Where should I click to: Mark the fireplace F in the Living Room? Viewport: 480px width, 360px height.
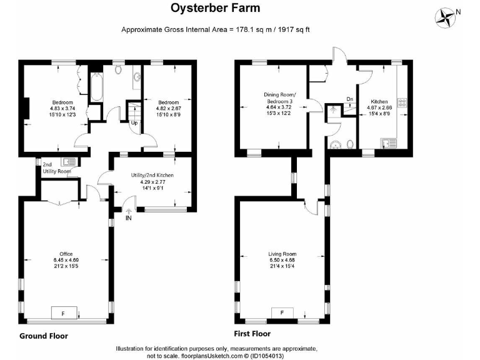tap(282, 312)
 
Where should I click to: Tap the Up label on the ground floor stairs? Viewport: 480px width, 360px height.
tap(134, 122)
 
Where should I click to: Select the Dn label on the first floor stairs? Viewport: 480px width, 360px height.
tap(349, 99)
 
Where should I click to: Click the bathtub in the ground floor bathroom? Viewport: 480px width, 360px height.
tap(97, 87)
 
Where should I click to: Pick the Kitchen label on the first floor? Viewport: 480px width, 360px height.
tap(379, 101)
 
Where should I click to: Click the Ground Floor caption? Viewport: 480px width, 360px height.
tap(44, 336)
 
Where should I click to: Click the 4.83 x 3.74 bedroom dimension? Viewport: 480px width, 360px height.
tap(62, 108)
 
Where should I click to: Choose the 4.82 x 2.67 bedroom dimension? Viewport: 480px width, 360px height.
tap(168, 108)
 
